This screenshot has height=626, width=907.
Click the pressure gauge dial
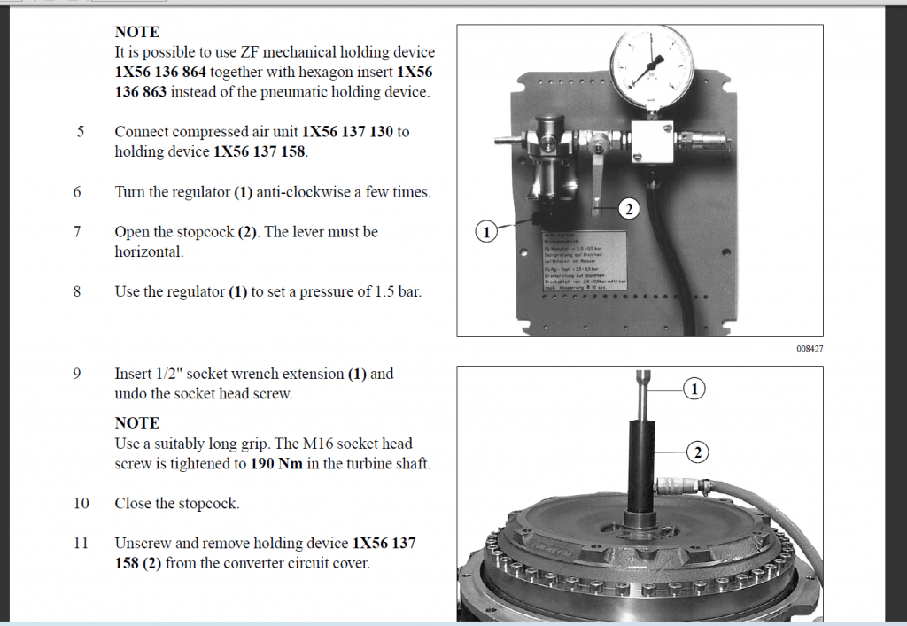point(653,67)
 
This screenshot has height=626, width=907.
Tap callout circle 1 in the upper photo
point(486,232)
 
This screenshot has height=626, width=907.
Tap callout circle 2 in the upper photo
point(628,210)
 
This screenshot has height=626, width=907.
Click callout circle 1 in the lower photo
point(695,389)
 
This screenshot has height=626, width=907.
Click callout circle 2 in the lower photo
point(697,452)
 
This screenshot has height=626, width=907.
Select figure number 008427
point(810,349)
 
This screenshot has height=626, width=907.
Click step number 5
point(81,132)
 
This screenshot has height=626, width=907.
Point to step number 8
point(77,291)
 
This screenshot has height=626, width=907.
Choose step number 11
point(81,543)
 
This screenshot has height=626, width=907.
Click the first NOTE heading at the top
point(136,32)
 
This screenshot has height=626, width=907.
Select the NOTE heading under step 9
point(136,423)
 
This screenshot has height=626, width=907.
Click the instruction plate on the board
point(585,261)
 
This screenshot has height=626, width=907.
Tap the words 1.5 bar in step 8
point(398,291)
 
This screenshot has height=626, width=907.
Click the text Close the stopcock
point(177,503)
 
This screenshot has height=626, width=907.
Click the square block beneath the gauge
point(651,142)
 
